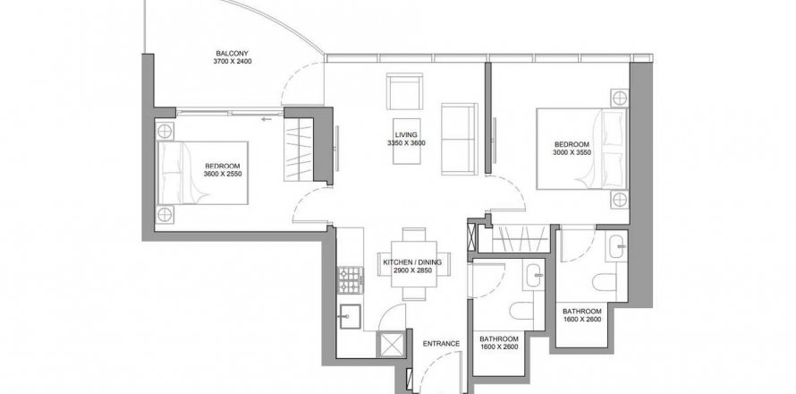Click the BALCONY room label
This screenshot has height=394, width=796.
(233, 54)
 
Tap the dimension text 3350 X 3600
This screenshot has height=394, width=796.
(406, 143)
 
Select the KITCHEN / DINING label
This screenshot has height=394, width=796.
(412, 262)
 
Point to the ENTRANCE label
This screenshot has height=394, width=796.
(441, 344)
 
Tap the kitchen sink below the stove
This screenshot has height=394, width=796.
(350, 316)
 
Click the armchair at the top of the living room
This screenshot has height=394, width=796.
(404, 91)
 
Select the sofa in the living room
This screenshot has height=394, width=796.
(460, 139)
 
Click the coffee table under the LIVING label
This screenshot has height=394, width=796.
(407, 141)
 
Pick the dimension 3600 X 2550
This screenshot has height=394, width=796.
(223, 174)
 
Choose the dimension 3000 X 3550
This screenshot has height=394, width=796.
(572, 152)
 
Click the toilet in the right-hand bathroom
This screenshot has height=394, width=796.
(604, 282)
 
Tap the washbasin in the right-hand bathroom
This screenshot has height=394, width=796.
(616, 246)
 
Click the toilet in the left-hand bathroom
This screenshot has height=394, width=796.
(521, 311)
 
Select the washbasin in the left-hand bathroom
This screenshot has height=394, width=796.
(535, 277)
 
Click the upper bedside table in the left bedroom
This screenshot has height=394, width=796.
(165, 132)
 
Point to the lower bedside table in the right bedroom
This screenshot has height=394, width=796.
(619, 200)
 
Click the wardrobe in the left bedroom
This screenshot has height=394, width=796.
(299, 150)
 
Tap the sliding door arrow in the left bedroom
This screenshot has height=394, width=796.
(266, 120)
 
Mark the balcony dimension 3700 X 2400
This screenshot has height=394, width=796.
(233, 62)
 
